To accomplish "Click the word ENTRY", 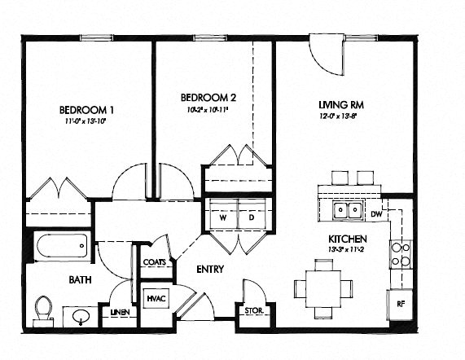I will (209, 269).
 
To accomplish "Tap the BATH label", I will (80, 279).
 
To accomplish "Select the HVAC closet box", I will (156, 299).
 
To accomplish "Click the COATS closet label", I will (155, 262).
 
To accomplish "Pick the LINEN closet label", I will (118, 312).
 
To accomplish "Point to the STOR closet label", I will (252, 310).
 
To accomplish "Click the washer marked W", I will (221, 217).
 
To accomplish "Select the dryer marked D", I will (251, 217).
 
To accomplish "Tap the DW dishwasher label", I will (376, 214).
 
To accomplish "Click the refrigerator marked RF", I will (401, 303).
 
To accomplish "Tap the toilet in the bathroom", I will (44, 309).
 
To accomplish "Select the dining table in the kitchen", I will (322, 287).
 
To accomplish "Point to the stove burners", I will (400, 253).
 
